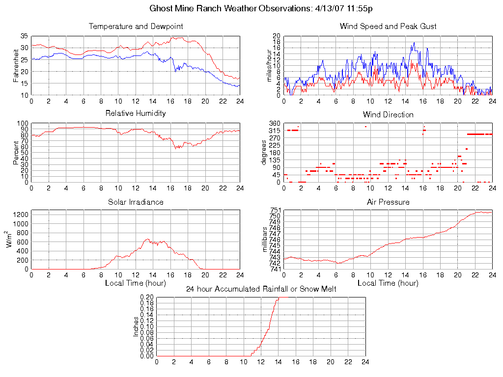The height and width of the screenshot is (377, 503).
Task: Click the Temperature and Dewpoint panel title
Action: tap(136, 26)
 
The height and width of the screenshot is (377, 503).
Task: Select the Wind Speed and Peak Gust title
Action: tap(388, 26)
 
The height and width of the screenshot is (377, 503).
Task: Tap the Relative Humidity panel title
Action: tap(136, 113)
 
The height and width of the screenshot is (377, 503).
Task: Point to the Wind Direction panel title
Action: tap(388, 114)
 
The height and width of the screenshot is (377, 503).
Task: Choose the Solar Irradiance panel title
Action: tap(136, 202)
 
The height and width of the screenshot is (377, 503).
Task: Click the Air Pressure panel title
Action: tap(388, 202)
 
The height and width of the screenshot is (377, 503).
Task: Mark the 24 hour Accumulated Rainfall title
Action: tap(261, 289)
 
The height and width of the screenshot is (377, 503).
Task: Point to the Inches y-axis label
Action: tap(136, 326)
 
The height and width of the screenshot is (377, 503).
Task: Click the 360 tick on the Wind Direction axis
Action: tap(274, 123)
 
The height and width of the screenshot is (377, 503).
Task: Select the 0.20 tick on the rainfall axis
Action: tap(147, 297)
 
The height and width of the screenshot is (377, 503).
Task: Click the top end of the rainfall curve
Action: tap(278, 297)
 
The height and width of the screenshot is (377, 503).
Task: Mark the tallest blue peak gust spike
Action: tap(415, 43)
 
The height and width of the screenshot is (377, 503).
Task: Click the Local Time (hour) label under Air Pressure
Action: tap(388, 283)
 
